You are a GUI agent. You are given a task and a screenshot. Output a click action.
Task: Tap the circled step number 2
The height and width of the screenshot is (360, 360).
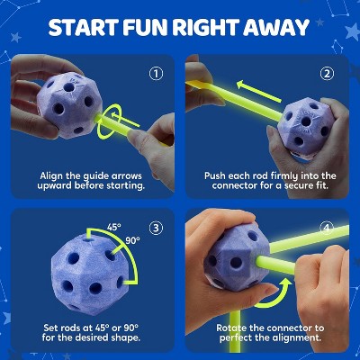(x=326, y=74)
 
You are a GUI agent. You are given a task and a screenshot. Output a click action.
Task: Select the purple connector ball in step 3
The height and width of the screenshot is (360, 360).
(x=76, y=271)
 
